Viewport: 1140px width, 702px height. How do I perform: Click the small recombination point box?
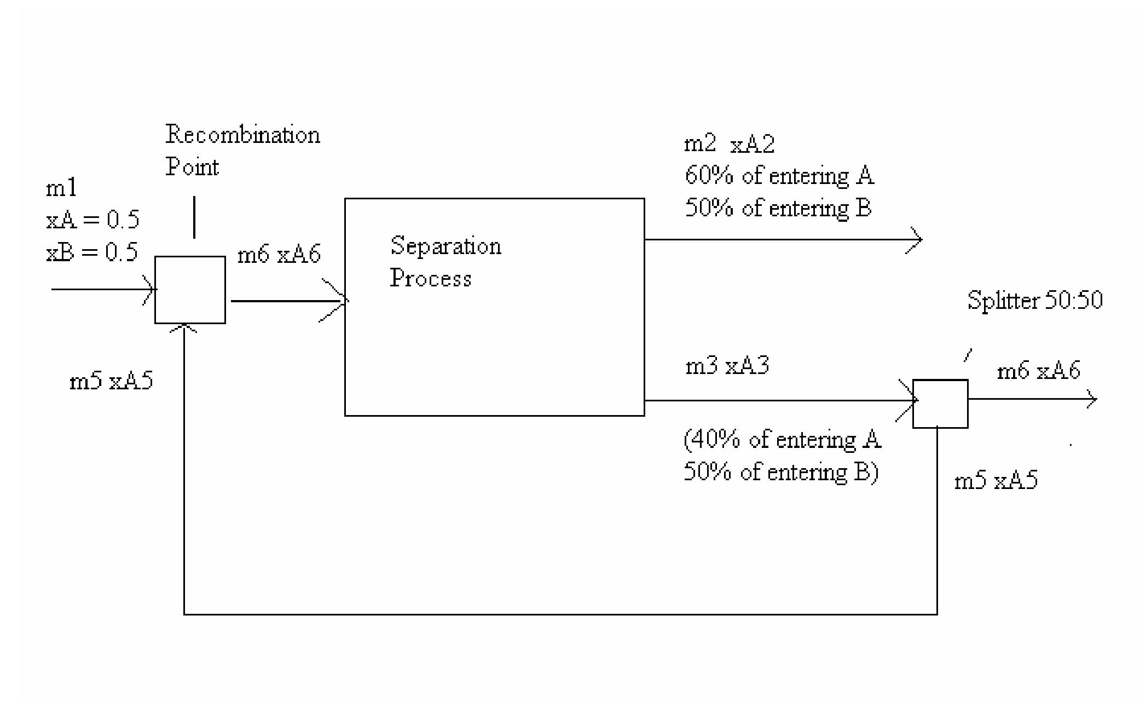(x=190, y=290)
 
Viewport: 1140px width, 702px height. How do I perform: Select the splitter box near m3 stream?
(x=940, y=404)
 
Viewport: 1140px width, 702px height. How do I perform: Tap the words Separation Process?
(x=445, y=262)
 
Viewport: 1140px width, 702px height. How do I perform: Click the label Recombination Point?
(x=242, y=151)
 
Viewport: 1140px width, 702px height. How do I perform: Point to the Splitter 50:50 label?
(x=1034, y=301)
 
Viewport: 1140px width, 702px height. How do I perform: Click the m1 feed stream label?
(x=61, y=189)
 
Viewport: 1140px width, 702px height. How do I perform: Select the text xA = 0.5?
(x=92, y=220)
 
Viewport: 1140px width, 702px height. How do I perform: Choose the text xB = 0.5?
(x=92, y=252)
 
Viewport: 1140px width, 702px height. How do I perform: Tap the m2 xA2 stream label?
(x=729, y=145)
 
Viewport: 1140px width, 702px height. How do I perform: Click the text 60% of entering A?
(x=779, y=176)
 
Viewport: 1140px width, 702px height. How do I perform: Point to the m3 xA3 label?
(x=727, y=366)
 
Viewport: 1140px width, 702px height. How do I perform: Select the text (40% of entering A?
(x=782, y=440)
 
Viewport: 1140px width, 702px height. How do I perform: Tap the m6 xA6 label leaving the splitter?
(x=1038, y=371)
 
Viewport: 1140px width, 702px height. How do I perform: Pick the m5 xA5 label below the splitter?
(x=996, y=481)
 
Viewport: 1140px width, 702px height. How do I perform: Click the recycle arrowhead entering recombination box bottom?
(x=184, y=328)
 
